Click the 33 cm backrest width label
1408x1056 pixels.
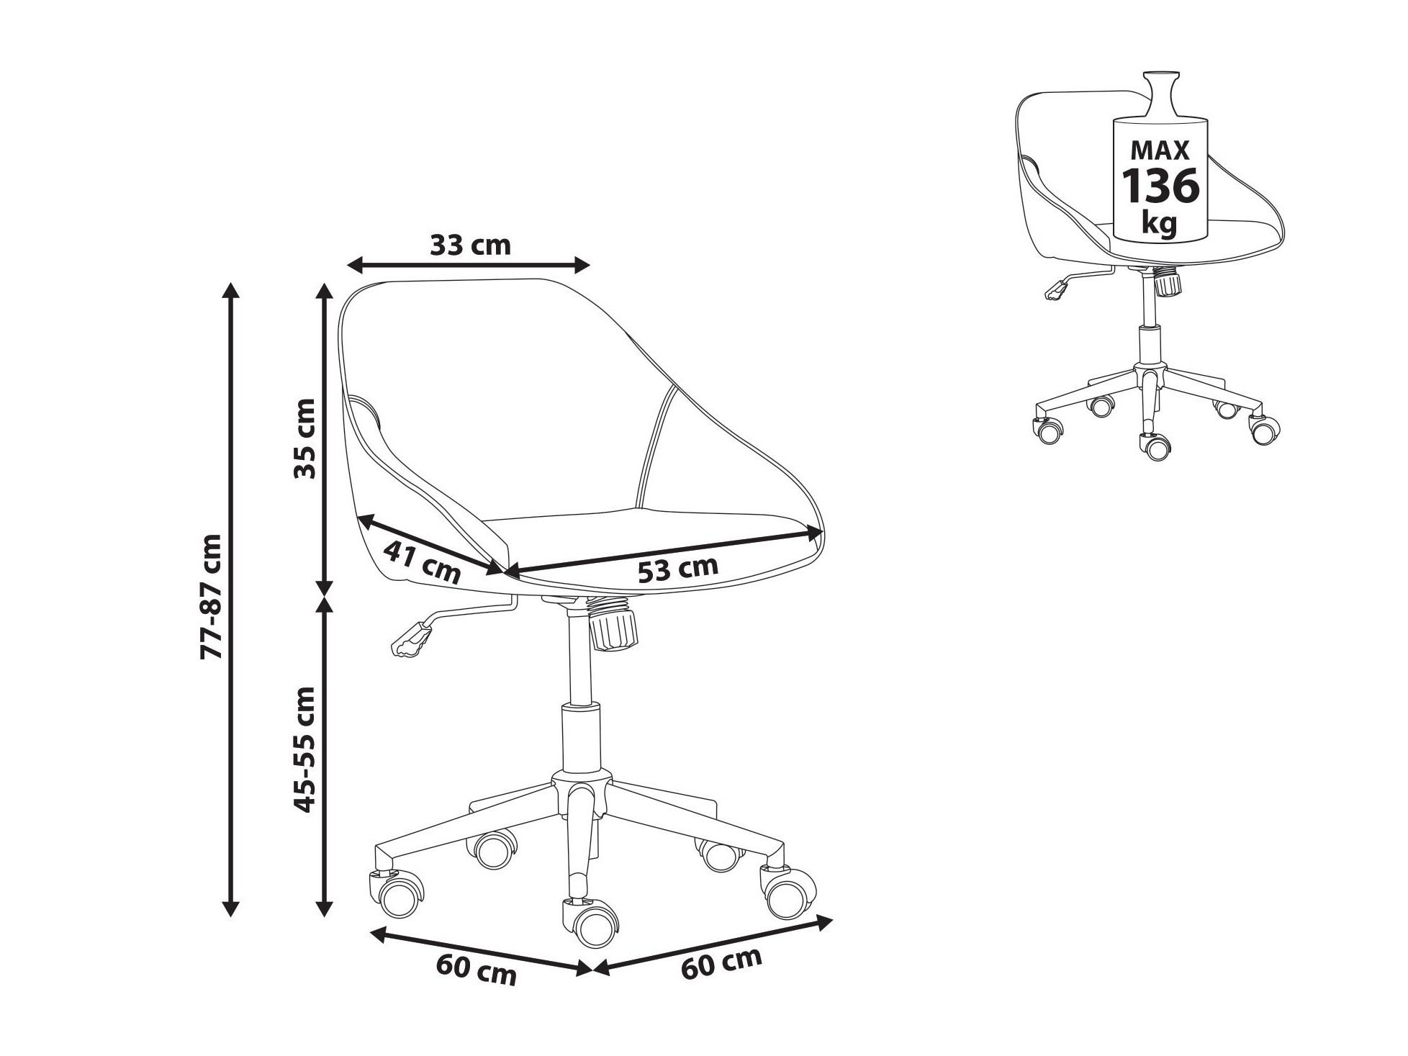[471, 245]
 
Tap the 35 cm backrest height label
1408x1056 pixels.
[305, 438]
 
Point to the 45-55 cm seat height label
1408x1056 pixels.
[305, 749]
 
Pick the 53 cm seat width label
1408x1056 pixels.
[678, 569]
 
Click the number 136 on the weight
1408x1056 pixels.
[1161, 186]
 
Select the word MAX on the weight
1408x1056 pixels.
[1160, 150]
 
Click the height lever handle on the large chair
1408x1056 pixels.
[410, 638]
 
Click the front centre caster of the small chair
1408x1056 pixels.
[1155, 446]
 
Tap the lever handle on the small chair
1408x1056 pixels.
[1056, 289]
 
